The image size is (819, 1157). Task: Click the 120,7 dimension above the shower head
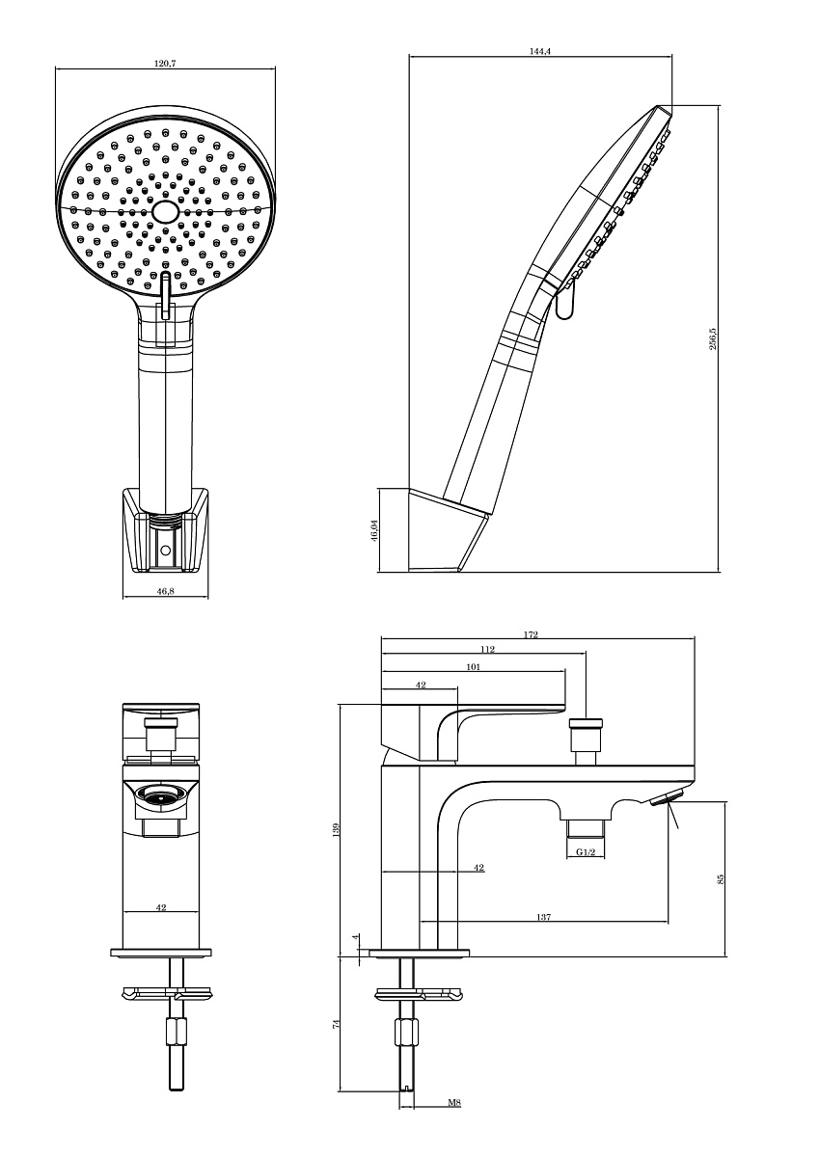tap(165, 64)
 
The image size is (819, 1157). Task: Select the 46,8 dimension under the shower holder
tap(165, 591)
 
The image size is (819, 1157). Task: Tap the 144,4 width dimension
tap(539, 51)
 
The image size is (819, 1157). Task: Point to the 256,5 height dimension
tap(713, 338)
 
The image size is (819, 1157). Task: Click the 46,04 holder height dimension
tap(374, 530)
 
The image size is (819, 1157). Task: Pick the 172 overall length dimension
tap(532, 634)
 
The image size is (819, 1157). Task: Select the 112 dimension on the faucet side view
tap(487, 649)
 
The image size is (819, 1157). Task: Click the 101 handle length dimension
tap(474, 667)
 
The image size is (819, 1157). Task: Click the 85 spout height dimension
tap(722, 878)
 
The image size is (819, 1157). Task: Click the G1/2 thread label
tap(586, 851)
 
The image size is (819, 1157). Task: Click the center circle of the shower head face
tap(165, 211)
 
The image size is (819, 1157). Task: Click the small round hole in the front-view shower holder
tap(165, 551)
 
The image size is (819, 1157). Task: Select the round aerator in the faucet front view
tap(161, 797)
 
